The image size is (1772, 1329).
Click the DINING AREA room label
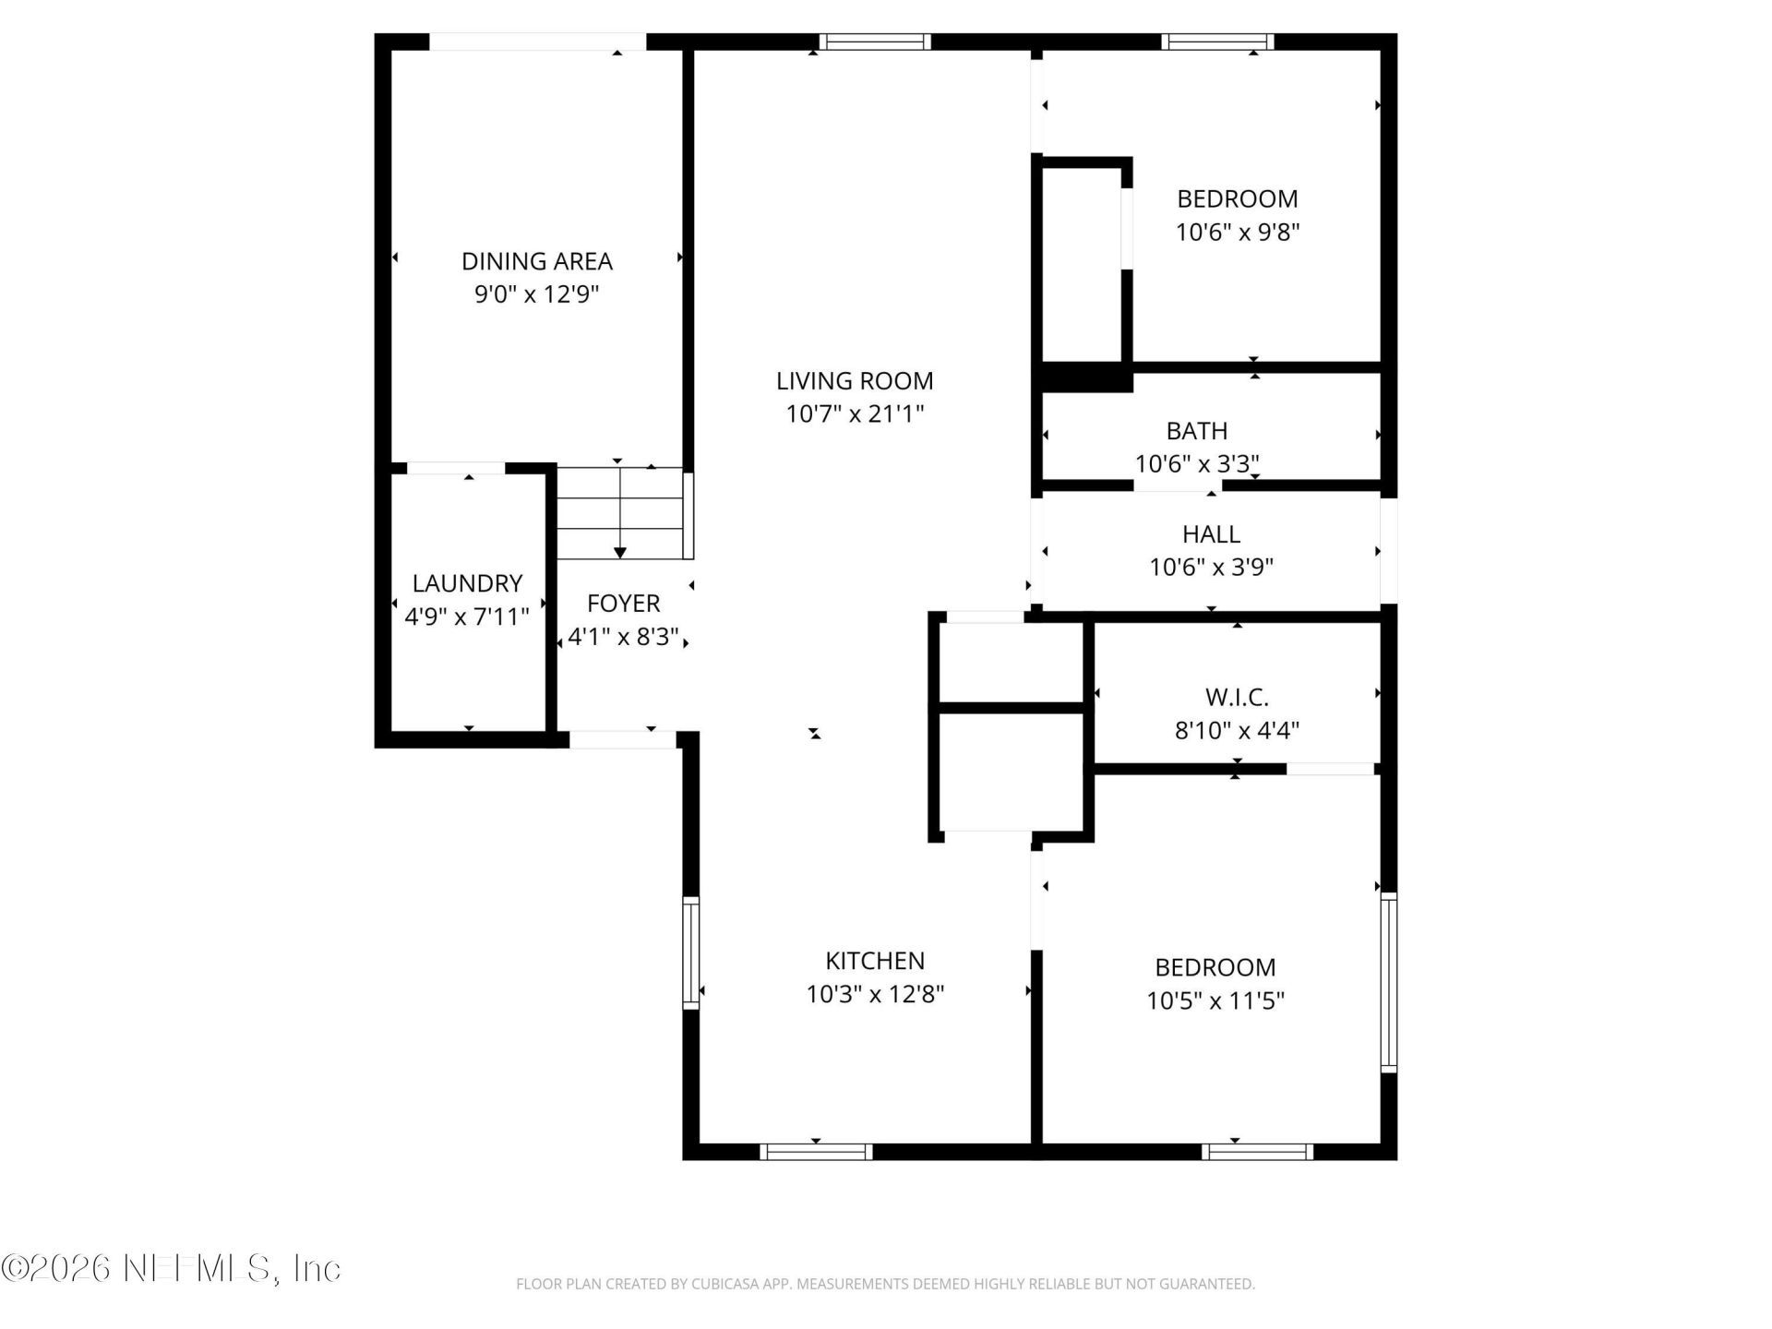pyautogui.click(x=536, y=261)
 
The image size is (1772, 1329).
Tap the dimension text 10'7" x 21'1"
pyautogui.click(x=855, y=413)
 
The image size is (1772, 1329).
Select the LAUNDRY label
pyautogui.click(x=467, y=583)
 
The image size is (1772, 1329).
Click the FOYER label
pyautogui.click(x=624, y=604)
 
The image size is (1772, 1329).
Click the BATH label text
pyautogui.click(x=1197, y=431)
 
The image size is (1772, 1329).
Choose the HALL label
pyautogui.click(x=1211, y=534)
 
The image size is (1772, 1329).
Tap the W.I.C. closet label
pyautogui.click(x=1237, y=698)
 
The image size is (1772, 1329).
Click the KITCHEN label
pyautogui.click(x=875, y=961)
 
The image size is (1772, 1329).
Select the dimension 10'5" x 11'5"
pyautogui.click(x=1215, y=1000)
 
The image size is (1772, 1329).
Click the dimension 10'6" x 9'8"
pyautogui.click(x=1238, y=232)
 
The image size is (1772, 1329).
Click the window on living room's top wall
pyautogui.click(x=874, y=42)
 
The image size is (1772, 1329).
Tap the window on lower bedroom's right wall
pyautogui.click(x=1388, y=982)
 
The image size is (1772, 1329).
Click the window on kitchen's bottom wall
pyautogui.click(x=816, y=1152)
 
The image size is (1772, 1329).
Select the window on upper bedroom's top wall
pyautogui.click(x=1217, y=42)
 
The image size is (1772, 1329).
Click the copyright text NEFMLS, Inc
pyautogui.click(x=172, y=1268)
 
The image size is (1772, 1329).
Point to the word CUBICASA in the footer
pyautogui.click(x=739, y=1284)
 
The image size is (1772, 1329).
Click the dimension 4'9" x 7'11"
pyautogui.click(x=467, y=617)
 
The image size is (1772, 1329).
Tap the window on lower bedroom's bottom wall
pyautogui.click(x=1258, y=1152)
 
